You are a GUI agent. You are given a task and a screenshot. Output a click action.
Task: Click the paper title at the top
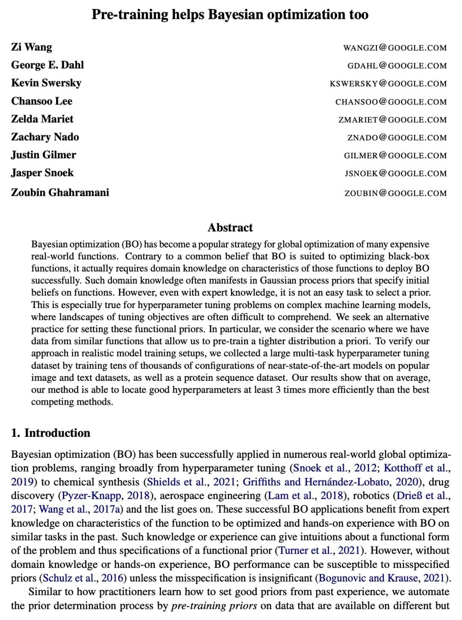click(x=230, y=15)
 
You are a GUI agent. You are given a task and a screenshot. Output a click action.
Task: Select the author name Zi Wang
click(x=32, y=47)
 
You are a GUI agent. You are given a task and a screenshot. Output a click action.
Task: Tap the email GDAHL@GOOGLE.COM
click(x=397, y=66)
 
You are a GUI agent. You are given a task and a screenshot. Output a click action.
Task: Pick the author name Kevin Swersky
click(x=46, y=83)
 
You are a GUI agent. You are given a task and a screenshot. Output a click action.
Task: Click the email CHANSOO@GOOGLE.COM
click(x=391, y=102)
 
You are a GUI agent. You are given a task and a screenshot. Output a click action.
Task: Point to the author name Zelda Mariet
click(x=42, y=119)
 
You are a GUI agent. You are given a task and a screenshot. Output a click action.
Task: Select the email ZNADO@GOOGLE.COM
click(x=397, y=138)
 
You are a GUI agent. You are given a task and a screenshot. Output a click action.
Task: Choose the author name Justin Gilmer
click(x=44, y=155)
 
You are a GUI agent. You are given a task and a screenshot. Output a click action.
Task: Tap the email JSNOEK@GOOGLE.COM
click(x=396, y=174)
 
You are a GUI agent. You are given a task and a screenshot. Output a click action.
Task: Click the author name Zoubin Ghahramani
click(x=60, y=193)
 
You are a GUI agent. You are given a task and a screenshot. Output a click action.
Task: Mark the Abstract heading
click(x=230, y=228)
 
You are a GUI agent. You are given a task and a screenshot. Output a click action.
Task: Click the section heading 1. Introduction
click(x=50, y=433)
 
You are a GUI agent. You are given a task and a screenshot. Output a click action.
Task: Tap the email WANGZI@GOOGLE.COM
click(x=395, y=48)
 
